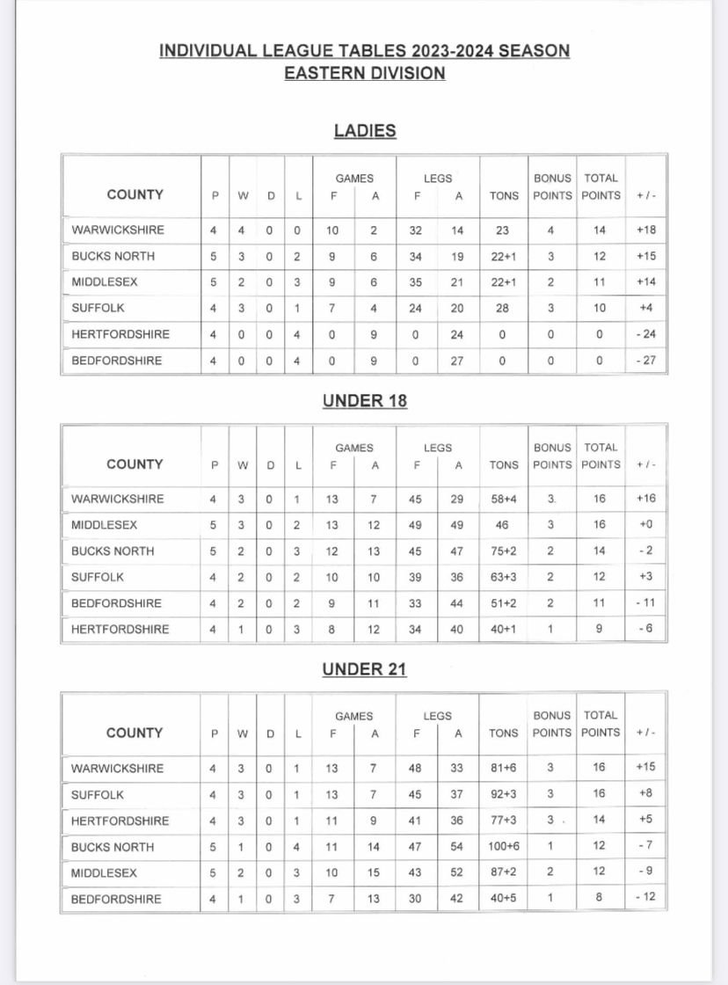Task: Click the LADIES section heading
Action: [365, 131]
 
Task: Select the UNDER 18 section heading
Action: [365, 401]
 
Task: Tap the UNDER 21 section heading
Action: [365, 669]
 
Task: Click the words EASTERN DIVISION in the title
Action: [365, 73]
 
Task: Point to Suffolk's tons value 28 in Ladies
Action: [504, 309]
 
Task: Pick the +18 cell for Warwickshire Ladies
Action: [646, 230]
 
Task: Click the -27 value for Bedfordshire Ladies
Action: [646, 361]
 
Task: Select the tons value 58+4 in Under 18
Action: [504, 499]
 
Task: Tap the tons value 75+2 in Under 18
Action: [504, 551]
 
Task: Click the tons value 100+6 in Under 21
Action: [504, 847]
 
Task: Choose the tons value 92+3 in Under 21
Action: [504, 794]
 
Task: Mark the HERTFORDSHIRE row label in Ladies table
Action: [120, 334]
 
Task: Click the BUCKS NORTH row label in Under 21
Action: [113, 847]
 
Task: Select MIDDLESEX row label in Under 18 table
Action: [104, 525]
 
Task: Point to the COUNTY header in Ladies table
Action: [135, 194]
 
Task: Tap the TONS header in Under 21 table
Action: [504, 733]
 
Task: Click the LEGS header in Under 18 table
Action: [438, 448]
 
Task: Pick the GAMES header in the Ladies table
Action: [354, 178]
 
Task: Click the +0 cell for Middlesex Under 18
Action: [646, 525]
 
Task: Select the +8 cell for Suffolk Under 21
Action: [646, 794]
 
